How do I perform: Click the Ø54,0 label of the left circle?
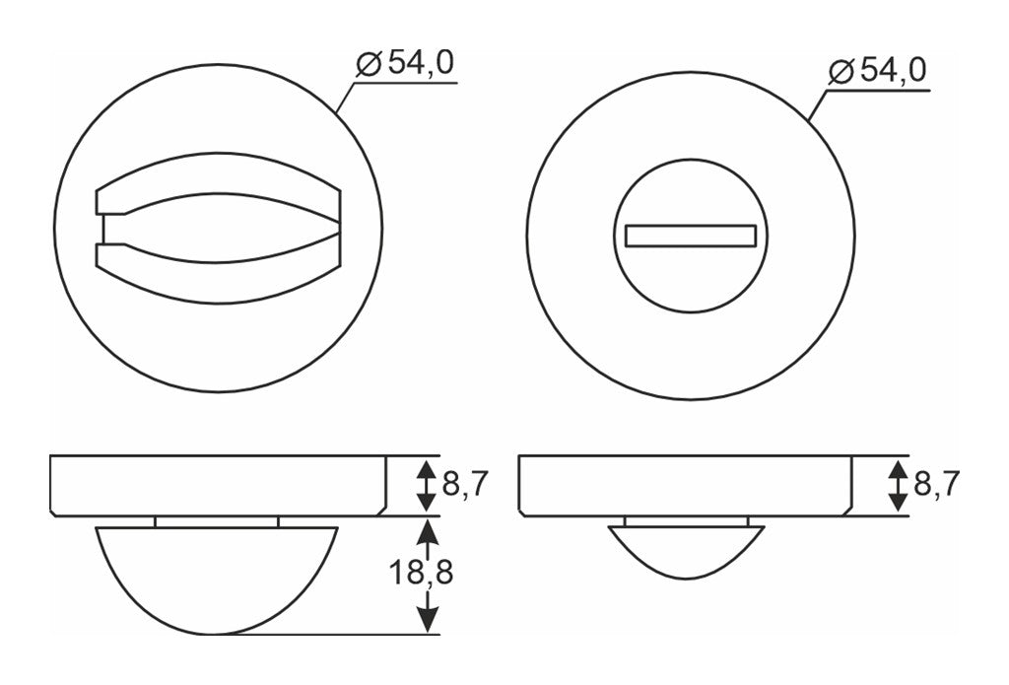(x=405, y=63)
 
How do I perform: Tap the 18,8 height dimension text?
(x=422, y=572)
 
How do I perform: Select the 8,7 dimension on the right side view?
(x=937, y=484)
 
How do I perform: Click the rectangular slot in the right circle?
(x=690, y=236)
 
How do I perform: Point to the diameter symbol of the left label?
(x=369, y=64)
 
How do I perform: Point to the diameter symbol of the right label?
(x=841, y=72)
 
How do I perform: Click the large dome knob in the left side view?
(x=217, y=580)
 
